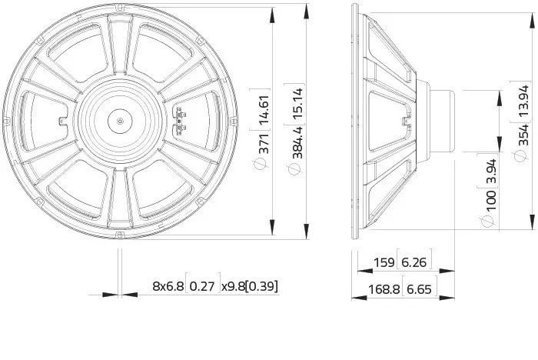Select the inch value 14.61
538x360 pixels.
(x=264, y=109)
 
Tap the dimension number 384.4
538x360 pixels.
(x=297, y=142)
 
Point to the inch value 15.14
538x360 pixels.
(x=297, y=104)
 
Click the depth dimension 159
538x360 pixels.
(x=384, y=262)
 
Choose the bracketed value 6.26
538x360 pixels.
(x=413, y=263)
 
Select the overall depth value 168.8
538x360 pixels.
(x=384, y=289)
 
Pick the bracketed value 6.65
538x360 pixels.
(x=419, y=289)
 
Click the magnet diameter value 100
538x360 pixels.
(x=491, y=201)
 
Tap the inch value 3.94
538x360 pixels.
(x=492, y=172)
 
